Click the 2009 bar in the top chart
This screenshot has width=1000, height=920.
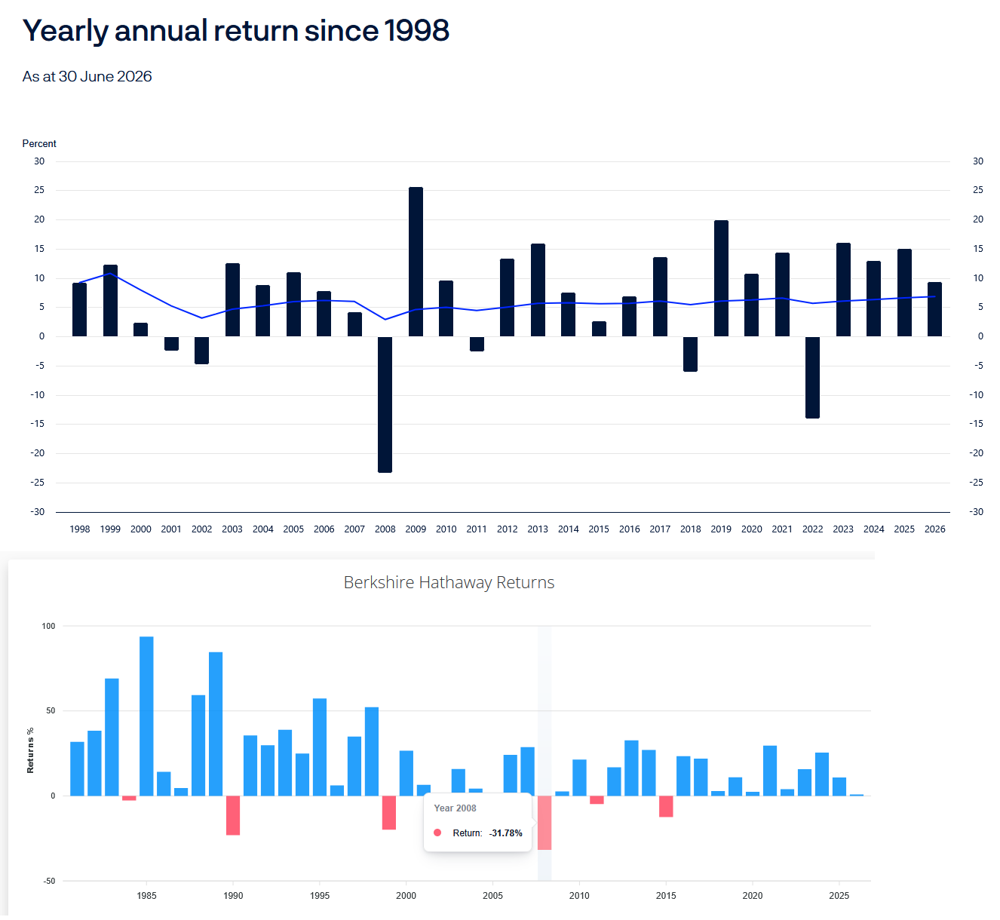tap(416, 262)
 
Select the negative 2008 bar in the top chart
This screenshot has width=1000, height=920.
tap(385, 404)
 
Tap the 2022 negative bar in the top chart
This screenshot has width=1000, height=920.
tap(812, 378)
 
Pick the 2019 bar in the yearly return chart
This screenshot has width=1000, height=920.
tap(721, 278)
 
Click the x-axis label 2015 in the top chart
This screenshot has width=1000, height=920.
tap(599, 529)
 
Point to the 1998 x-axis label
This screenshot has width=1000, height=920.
tap(80, 529)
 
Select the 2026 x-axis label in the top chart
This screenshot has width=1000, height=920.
tap(934, 529)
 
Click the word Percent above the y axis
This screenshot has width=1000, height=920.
tap(39, 143)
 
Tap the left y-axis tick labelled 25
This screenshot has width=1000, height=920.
tap(39, 190)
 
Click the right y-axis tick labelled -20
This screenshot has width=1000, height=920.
tap(976, 453)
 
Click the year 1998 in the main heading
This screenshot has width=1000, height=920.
tap(416, 30)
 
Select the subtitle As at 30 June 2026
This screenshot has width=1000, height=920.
tap(87, 76)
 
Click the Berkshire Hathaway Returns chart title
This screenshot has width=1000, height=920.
tap(449, 582)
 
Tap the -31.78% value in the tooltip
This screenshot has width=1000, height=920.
tap(505, 833)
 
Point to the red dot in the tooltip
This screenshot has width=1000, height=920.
tap(437, 833)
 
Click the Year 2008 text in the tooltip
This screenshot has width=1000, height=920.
tap(455, 808)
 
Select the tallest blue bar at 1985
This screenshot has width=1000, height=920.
tap(146, 716)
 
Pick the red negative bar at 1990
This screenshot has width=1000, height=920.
tap(233, 815)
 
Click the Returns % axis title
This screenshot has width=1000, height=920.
tap(30, 750)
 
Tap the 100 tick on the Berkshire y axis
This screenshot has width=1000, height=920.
tap(48, 627)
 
